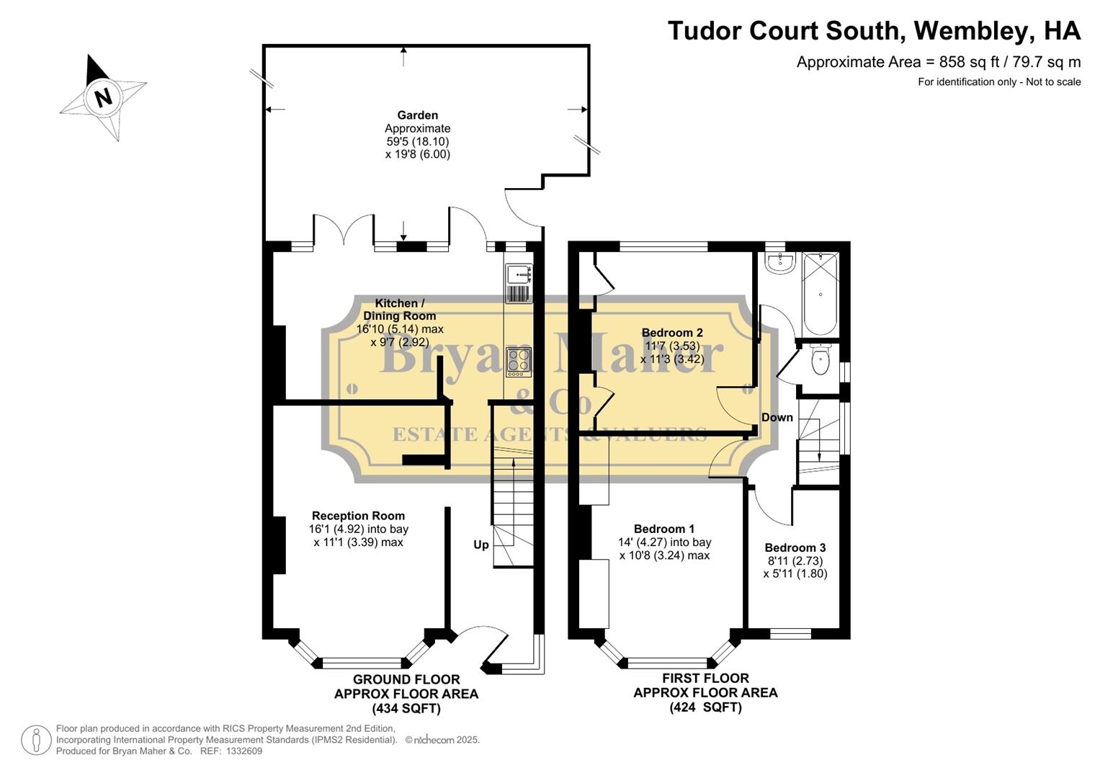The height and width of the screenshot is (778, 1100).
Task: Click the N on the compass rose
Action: pyautogui.click(x=104, y=97)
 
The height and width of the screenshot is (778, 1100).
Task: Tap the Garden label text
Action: pyautogui.click(x=417, y=115)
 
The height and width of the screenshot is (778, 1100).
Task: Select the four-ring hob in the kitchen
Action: pyautogui.click(x=518, y=362)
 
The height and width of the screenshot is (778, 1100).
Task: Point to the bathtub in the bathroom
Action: pyautogui.click(x=820, y=294)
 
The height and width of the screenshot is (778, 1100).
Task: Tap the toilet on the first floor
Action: pyautogui.click(x=820, y=360)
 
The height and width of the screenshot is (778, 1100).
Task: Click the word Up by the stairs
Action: pyautogui.click(x=481, y=545)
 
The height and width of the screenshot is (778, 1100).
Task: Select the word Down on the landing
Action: pyautogui.click(x=777, y=418)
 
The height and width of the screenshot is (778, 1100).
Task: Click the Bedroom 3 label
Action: pyautogui.click(x=795, y=547)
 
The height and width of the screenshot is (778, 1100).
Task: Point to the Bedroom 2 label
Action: pyautogui.click(x=672, y=333)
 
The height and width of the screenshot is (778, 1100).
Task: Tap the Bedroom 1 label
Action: pyautogui.click(x=664, y=529)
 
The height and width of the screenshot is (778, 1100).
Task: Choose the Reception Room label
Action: pyautogui.click(x=358, y=516)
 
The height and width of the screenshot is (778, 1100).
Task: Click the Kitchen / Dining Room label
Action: pyautogui.click(x=399, y=310)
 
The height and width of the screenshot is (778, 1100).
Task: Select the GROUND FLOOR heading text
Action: pyautogui.click(x=406, y=679)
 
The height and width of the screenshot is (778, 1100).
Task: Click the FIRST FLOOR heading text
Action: pyautogui.click(x=705, y=678)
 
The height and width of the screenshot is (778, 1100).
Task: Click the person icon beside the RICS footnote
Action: pyautogui.click(x=35, y=740)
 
